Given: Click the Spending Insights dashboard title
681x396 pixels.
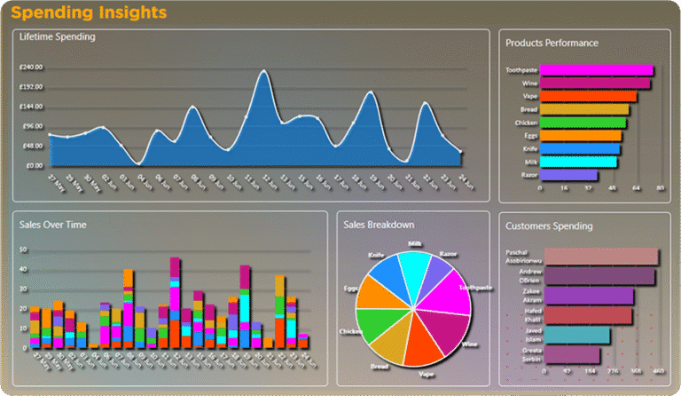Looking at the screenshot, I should coord(89,12).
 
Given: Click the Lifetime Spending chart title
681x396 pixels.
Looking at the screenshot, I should coord(58,37).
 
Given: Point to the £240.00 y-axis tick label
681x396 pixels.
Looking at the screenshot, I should coord(32,67).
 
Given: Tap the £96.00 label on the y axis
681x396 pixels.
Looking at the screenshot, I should coord(34,126).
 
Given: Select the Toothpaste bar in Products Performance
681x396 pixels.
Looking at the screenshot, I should coord(596,70).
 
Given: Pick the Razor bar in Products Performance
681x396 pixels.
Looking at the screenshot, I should coord(568,176).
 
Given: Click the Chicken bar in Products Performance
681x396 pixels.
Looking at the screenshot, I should coord(583,123).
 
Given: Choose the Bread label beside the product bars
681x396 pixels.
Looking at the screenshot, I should coord(528,109).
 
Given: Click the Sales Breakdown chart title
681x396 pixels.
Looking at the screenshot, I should coord(379,225).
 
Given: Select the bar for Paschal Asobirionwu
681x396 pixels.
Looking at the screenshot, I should coord(600,257).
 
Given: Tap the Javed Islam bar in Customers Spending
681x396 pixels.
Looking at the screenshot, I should coord(576,336).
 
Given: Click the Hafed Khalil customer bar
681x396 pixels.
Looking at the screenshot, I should coord(588,316).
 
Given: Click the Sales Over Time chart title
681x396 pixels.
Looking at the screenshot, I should coord(53,226).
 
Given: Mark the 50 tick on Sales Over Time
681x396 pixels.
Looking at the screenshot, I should coord(24,250).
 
